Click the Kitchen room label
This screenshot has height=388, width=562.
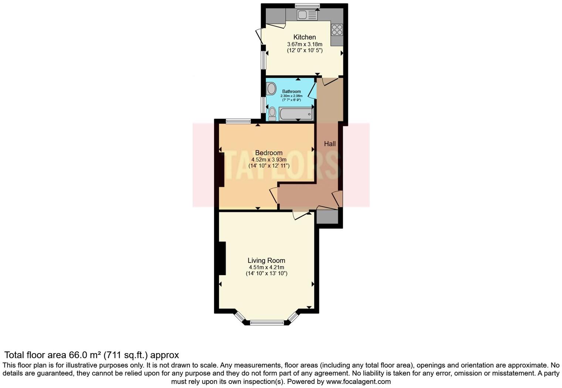(x=304, y=37)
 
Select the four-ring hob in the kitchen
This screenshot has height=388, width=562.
(x=337, y=30)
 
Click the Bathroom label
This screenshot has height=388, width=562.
(x=291, y=91)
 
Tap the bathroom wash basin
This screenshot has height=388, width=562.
(x=271, y=89)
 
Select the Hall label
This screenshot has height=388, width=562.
(x=330, y=144)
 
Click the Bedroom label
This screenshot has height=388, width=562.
(x=269, y=153)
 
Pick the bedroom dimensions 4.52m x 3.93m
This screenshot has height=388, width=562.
(x=269, y=160)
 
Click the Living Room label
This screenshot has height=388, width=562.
(x=266, y=260)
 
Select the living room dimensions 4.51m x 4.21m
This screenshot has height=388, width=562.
(x=266, y=267)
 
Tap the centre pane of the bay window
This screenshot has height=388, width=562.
(x=268, y=322)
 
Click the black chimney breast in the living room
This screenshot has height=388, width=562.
(x=222, y=258)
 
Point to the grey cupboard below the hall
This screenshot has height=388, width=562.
(x=327, y=217)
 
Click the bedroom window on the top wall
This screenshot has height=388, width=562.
(x=238, y=121)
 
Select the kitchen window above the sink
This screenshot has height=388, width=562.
(x=307, y=5)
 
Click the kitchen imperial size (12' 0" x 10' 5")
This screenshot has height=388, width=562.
(x=305, y=50)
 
